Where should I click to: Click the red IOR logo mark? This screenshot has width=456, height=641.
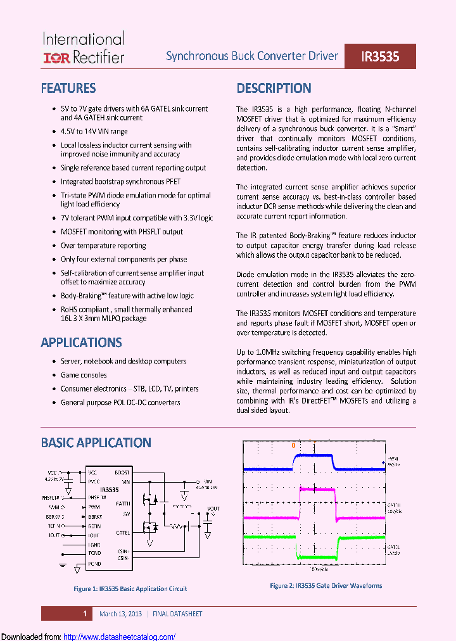pyautogui.click(x=56, y=58)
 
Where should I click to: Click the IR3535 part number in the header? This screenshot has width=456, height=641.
pyautogui.click(x=380, y=56)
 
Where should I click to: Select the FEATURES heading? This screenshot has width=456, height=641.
pyautogui.click(x=68, y=88)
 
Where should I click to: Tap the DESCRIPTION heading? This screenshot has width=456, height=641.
pyautogui.click(x=274, y=88)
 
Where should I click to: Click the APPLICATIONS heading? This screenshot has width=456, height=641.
pyautogui.click(x=81, y=343)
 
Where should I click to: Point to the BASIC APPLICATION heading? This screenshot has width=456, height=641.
pyautogui.click(x=96, y=443)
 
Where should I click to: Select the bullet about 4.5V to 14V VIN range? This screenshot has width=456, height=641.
pyautogui.click(x=94, y=131)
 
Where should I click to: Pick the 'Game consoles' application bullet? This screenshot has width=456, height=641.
pyautogui.click(x=84, y=375)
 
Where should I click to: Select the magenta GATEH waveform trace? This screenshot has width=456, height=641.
pyautogui.click(x=317, y=489)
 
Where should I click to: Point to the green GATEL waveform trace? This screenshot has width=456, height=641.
pyautogui.click(x=317, y=557)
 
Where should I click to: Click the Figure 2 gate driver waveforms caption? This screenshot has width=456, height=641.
pyautogui.click(x=326, y=586)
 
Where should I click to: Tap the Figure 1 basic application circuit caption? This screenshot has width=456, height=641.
pyautogui.click(x=130, y=588)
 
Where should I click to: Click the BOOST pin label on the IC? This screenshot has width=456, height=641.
pyautogui.click(x=122, y=473)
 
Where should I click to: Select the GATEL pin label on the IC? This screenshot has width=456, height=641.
pyautogui.click(x=123, y=533)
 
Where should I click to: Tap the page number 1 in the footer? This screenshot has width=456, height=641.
pyautogui.click(x=85, y=614)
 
